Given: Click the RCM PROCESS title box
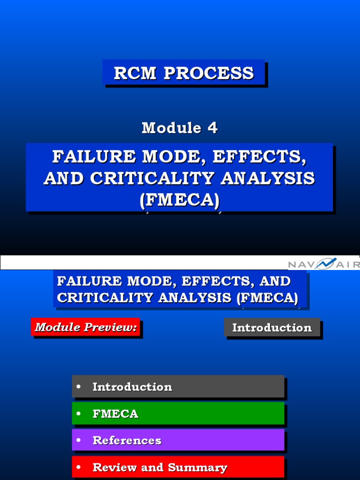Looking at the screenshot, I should pyautogui.click(x=184, y=73).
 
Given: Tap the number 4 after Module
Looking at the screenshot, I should pyautogui.click(x=212, y=127).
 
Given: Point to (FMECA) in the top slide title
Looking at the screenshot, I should pyautogui.click(x=180, y=200).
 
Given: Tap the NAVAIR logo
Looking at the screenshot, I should pyautogui.click(x=323, y=264).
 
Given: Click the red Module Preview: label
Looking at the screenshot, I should pyautogui.click(x=86, y=327).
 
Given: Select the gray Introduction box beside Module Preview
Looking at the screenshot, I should pyautogui.click(x=272, y=328).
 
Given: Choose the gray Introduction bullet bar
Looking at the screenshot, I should pyautogui.click(x=178, y=387).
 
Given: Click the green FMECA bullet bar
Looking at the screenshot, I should pyautogui.click(x=178, y=413).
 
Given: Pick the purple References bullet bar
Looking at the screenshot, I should pyautogui.click(x=178, y=440).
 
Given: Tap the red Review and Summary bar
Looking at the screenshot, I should pyautogui.click(x=178, y=467).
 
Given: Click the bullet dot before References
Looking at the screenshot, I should pyautogui.click(x=79, y=440).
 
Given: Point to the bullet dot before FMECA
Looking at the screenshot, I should pyautogui.click(x=79, y=413).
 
